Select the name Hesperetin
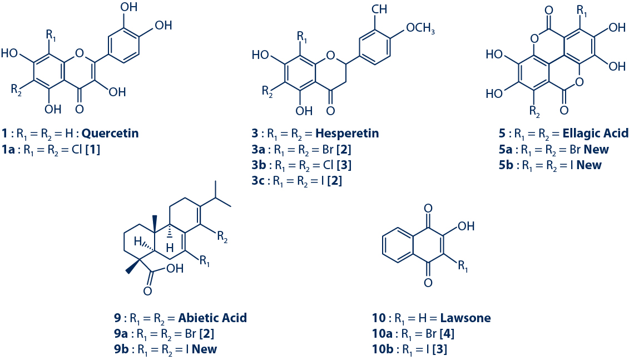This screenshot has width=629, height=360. click(348, 134)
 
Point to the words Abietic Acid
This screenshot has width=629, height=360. click(212, 318)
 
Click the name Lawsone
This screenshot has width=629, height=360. click(465, 318)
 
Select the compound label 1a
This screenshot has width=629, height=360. click(9, 150)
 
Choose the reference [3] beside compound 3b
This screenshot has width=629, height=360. click(345, 165)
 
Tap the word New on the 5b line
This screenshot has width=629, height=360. click(590, 165)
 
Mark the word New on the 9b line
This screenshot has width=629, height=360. click(204, 349)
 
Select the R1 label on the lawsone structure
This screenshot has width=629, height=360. click(464, 267)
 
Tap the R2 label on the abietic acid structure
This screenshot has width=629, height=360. click(222, 240)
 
